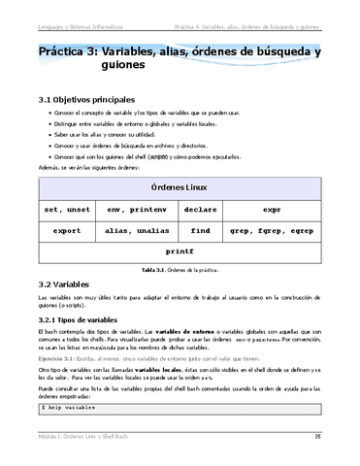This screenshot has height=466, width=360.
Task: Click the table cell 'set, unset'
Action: point(67,208)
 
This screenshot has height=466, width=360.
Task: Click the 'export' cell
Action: point(67,230)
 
